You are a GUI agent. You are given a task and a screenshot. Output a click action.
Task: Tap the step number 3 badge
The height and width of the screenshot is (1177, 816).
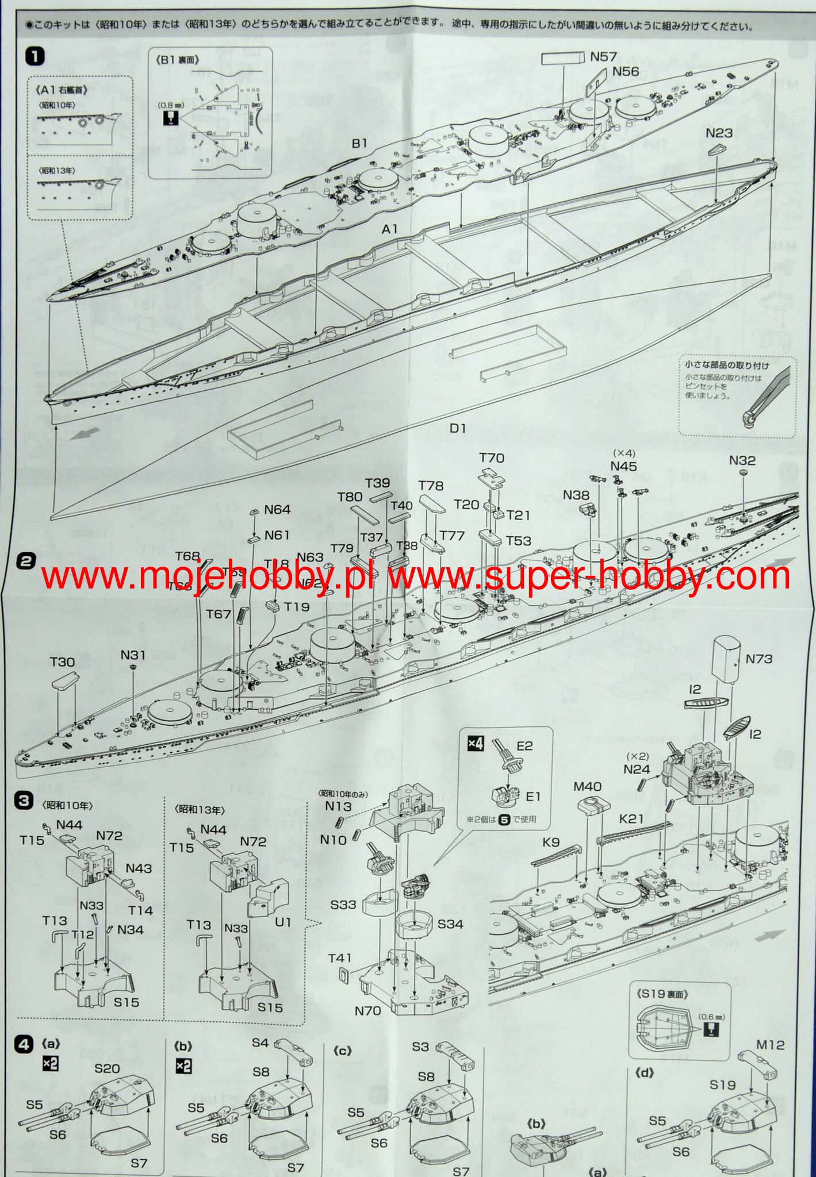click(x=24, y=801)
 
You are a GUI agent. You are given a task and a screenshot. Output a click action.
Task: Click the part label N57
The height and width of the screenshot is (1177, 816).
click(x=604, y=56)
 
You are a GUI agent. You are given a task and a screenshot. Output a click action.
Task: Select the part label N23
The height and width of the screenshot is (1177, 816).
click(x=719, y=133)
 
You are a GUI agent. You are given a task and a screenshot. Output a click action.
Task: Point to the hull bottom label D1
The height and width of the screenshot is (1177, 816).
click(x=458, y=428)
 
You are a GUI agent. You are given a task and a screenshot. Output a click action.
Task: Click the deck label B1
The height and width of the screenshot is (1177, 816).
click(x=359, y=143)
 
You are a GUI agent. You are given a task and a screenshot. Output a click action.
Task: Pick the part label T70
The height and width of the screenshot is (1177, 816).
click(x=492, y=457)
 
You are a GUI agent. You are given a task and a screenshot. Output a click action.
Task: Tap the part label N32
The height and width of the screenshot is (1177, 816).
click(x=742, y=460)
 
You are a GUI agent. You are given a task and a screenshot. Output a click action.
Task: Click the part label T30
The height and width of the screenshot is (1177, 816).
click(x=62, y=661)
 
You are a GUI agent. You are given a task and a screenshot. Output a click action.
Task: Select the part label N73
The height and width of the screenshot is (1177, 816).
click(x=759, y=659)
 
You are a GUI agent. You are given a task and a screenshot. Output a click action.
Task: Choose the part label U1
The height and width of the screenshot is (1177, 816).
click(x=283, y=922)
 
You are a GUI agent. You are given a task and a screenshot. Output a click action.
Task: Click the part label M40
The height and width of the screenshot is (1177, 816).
click(x=587, y=786)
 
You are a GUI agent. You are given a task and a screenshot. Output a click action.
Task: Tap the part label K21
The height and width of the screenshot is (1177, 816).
click(x=631, y=818)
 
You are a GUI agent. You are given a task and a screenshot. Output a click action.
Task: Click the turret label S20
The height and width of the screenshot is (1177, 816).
click(x=107, y=1068)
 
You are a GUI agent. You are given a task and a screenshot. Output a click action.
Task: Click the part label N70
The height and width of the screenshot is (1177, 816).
click(x=367, y=1010)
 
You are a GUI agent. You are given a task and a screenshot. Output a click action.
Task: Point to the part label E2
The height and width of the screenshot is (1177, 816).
click(x=525, y=745)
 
